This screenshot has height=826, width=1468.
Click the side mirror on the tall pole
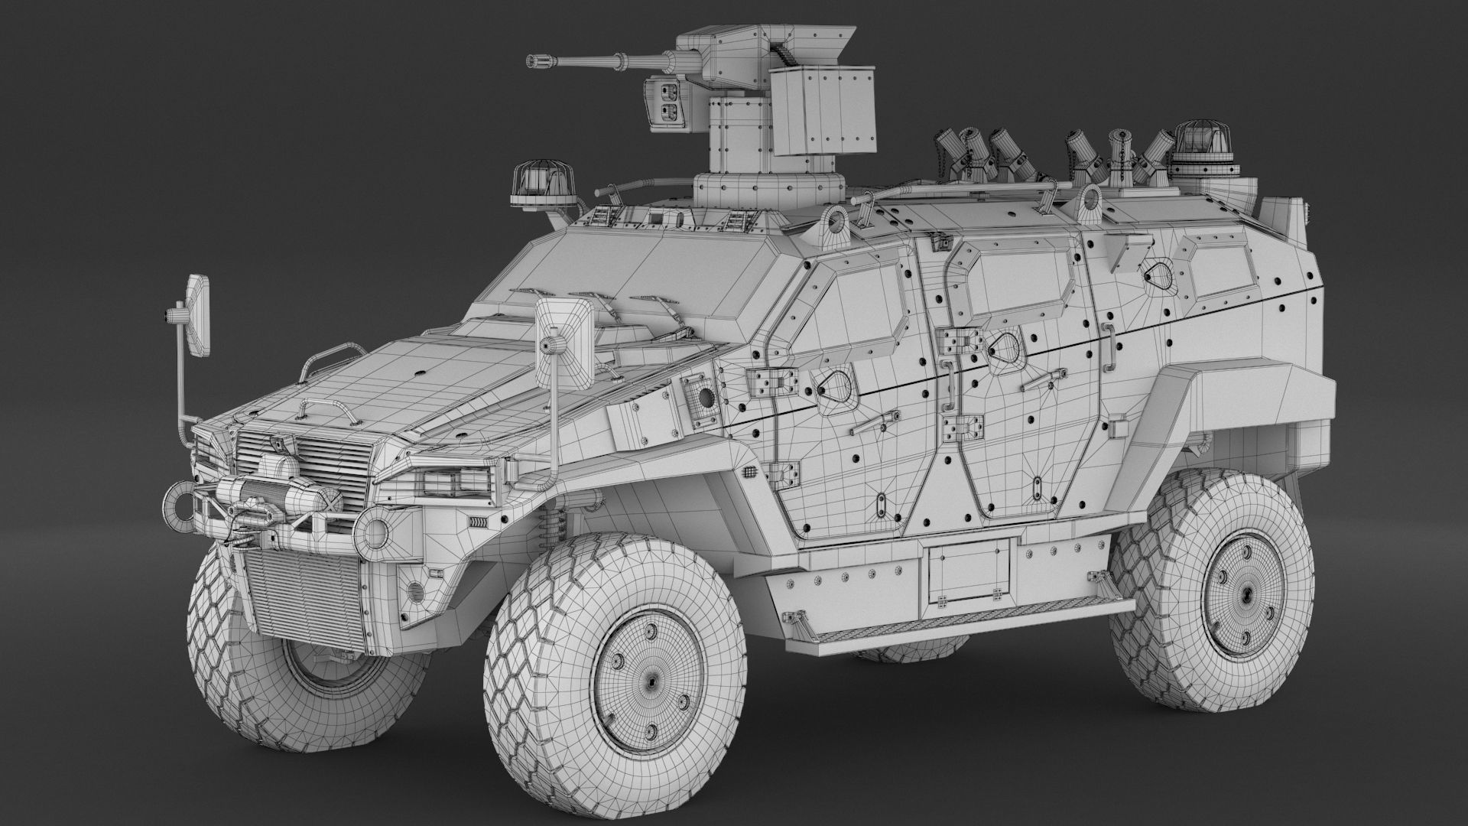(200, 314)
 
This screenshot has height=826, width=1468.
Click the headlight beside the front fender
(455, 482)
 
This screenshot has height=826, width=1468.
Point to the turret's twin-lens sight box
(662, 102)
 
